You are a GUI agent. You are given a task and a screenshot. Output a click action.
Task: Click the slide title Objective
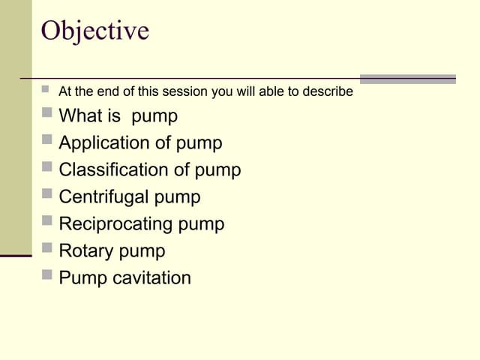(94, 31)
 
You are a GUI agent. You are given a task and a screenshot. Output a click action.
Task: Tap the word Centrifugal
(103, 197)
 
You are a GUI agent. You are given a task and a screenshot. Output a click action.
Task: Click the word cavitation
(151, 278)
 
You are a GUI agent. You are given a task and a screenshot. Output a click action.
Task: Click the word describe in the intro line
(327, 92)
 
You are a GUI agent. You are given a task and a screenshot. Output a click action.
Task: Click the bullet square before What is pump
(47, 113)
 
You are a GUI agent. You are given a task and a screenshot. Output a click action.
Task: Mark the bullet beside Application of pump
(47, 140)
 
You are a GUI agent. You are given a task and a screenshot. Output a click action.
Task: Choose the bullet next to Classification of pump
(47, 167)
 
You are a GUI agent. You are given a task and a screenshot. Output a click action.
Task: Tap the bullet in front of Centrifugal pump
(47, 194)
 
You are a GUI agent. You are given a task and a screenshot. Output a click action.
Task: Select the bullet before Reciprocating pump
(47, 221)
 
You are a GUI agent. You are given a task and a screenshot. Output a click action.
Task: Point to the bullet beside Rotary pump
(47, 248)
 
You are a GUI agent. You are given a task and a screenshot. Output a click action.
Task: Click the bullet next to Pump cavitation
(47, 275)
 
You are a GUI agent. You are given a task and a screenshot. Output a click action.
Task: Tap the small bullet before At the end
(46, 89)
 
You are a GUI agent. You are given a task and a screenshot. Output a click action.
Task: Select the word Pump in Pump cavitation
(82, 278)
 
